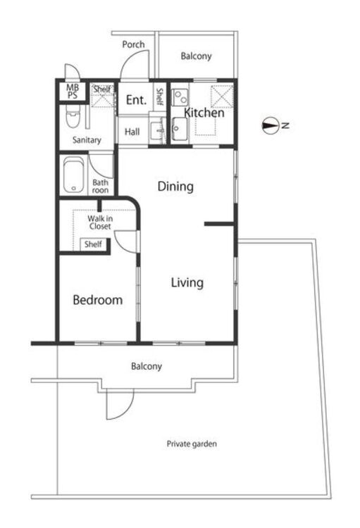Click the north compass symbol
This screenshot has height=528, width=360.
click(270, 126)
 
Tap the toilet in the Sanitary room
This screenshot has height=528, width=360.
click(73, 116)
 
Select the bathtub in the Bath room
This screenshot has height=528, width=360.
click(73, 175)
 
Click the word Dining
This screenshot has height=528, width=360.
click(175, 187)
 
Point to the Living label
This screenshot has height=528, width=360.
click(187, 282)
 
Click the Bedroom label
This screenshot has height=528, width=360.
click(98, 300)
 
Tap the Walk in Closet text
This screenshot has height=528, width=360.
click(100, 222)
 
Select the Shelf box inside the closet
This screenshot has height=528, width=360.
click(93, 244)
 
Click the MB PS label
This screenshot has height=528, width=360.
click(72, 92)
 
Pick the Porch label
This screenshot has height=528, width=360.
click(133, 44)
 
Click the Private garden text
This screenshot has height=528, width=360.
click(192, 444)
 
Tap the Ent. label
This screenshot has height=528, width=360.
click(136, 100)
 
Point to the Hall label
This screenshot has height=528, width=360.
click(132, 132)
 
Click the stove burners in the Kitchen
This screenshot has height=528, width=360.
click(180, 96)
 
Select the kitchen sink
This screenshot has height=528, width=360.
click(179, 128)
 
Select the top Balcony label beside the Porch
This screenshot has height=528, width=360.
click(196, 56)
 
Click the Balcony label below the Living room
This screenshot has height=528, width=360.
click(147, 366)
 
